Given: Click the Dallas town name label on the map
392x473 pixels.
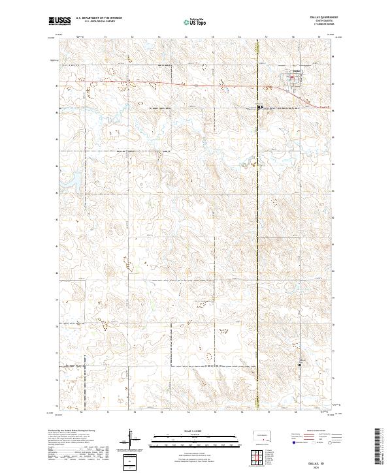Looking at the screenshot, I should click(x=295, y=71).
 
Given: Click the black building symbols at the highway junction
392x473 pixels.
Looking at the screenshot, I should click(x=259, y=107).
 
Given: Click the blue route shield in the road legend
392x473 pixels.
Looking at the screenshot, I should click(x=291, y=442).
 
